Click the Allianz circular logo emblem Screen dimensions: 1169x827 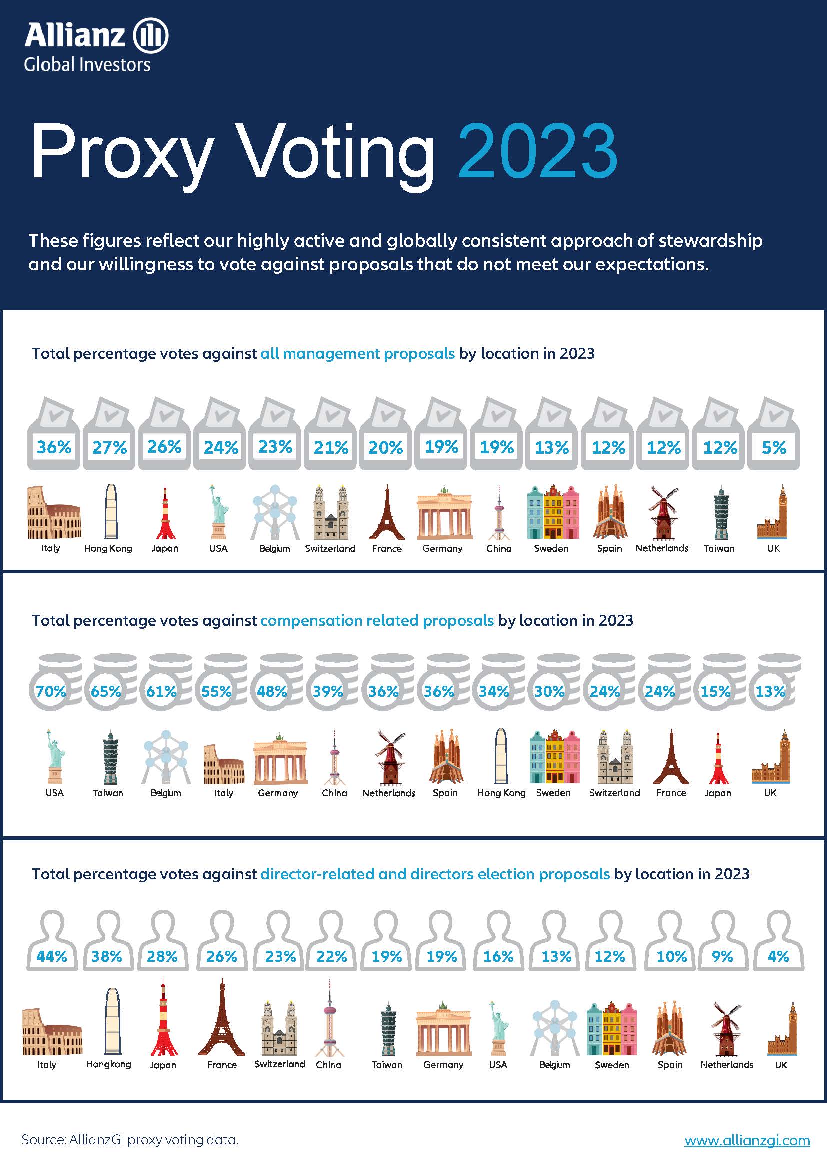point(150,36)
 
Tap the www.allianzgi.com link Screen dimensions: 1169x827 point(746,1140)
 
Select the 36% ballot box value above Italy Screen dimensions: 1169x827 point(54,447)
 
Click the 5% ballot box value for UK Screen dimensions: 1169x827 point(774,447)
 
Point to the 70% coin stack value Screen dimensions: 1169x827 point(51,691)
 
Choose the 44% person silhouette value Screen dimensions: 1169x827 point(52,956)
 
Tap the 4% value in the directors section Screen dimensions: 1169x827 point(778,956)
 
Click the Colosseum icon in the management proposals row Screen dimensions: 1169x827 point(54,513)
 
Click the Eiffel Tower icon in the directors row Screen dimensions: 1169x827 point(221,1017)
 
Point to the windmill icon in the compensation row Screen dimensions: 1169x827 point(389,757)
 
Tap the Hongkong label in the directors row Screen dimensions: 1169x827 point(108,1064)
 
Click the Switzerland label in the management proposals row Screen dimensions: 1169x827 point(330,548)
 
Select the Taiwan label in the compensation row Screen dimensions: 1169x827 point(108,793)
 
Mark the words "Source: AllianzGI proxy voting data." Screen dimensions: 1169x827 point(130,1140)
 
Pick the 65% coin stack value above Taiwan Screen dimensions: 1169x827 point(106,691)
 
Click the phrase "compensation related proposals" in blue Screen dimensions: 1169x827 point(377,620)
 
